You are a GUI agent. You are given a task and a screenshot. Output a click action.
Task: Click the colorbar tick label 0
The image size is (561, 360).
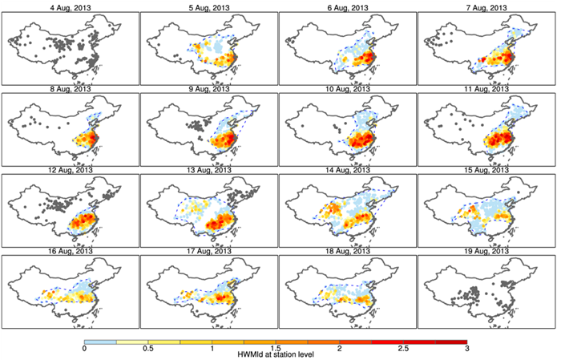84,349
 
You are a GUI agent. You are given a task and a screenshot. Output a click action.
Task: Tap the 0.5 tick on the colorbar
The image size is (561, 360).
148,349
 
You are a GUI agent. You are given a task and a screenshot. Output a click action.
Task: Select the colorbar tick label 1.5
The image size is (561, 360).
276,349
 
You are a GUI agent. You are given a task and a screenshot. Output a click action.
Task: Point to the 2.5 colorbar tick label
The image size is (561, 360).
403,349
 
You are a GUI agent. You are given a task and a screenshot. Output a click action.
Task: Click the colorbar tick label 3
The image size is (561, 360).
466,349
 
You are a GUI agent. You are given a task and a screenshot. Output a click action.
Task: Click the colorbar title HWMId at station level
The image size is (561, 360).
276,354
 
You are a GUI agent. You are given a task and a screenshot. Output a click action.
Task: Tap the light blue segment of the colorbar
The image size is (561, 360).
100,341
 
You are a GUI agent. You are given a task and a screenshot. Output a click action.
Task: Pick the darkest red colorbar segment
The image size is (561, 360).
450,341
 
